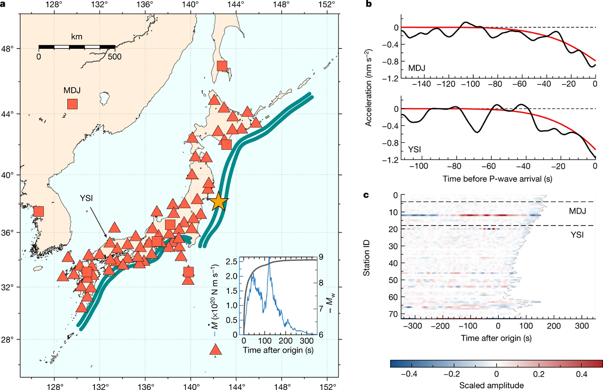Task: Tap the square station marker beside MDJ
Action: tap(72, 104)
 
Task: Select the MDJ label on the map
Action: tap(72, 89)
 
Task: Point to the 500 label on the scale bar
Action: tap(115, 56)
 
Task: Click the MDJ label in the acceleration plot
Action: tap(416, 68)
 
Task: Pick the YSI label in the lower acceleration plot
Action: tap(416, 148)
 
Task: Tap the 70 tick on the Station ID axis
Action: tap(379, 313)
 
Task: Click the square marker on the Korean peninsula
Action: tap(38, 211)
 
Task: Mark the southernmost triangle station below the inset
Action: tap(215, 349)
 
